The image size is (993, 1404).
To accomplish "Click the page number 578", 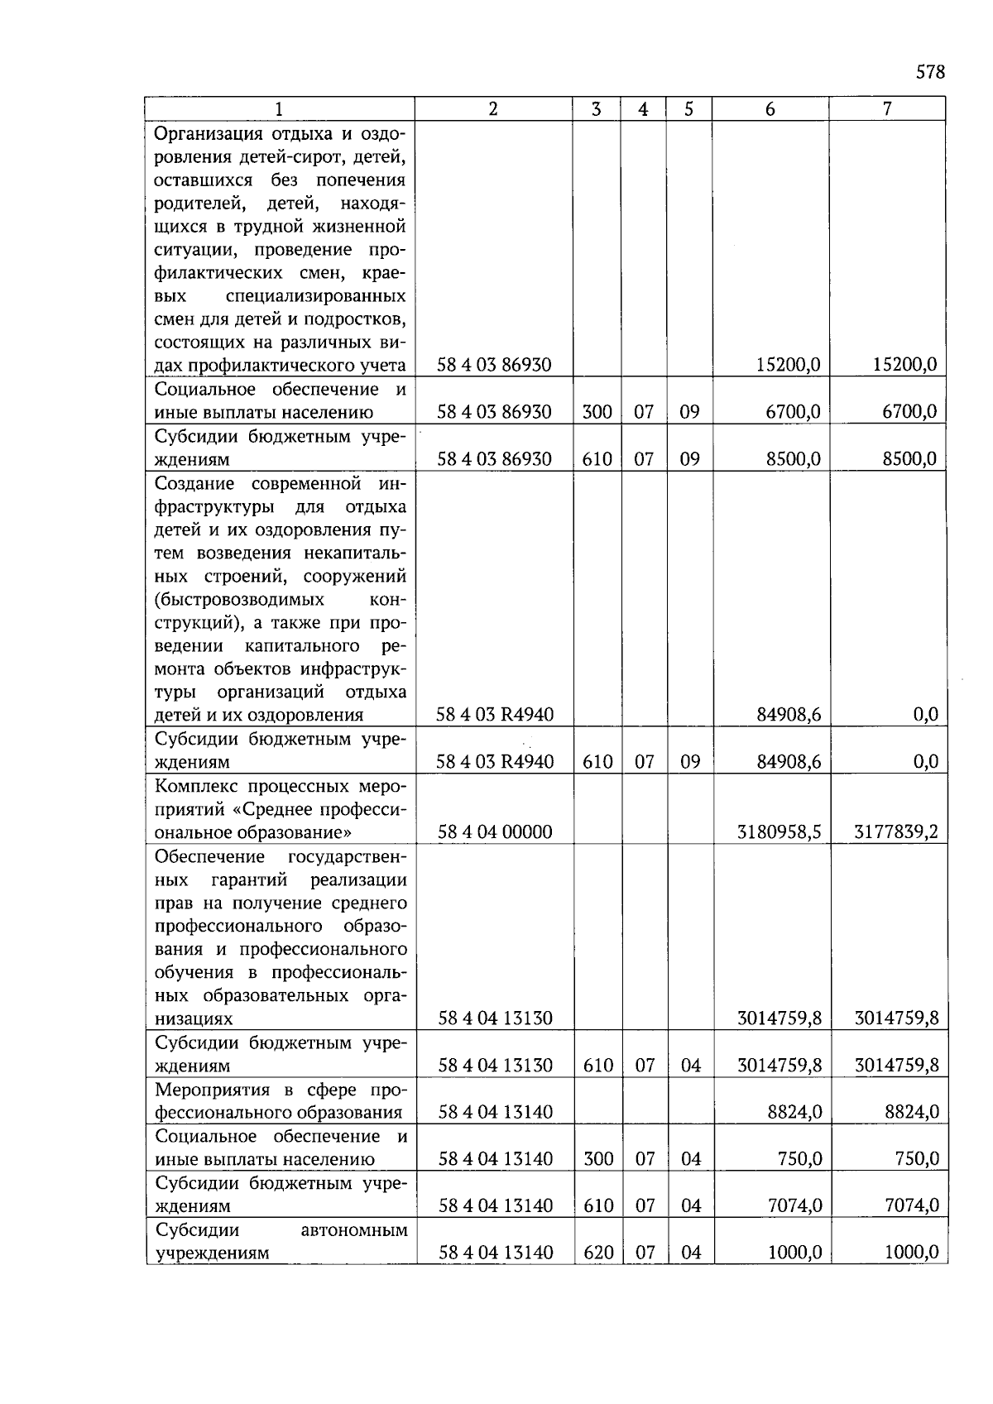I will click(x=929, y=72).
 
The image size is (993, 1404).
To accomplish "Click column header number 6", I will click(x=770, y=109).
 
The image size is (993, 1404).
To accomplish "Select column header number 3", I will click(x=596, y=109).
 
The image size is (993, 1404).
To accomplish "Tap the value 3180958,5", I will click(x=779, y=832).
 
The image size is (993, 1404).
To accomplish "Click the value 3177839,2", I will click(x=895, y=832).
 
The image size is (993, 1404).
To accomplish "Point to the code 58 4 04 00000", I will click(x=495, y=832).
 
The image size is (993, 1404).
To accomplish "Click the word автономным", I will click(x=354, y=1230).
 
